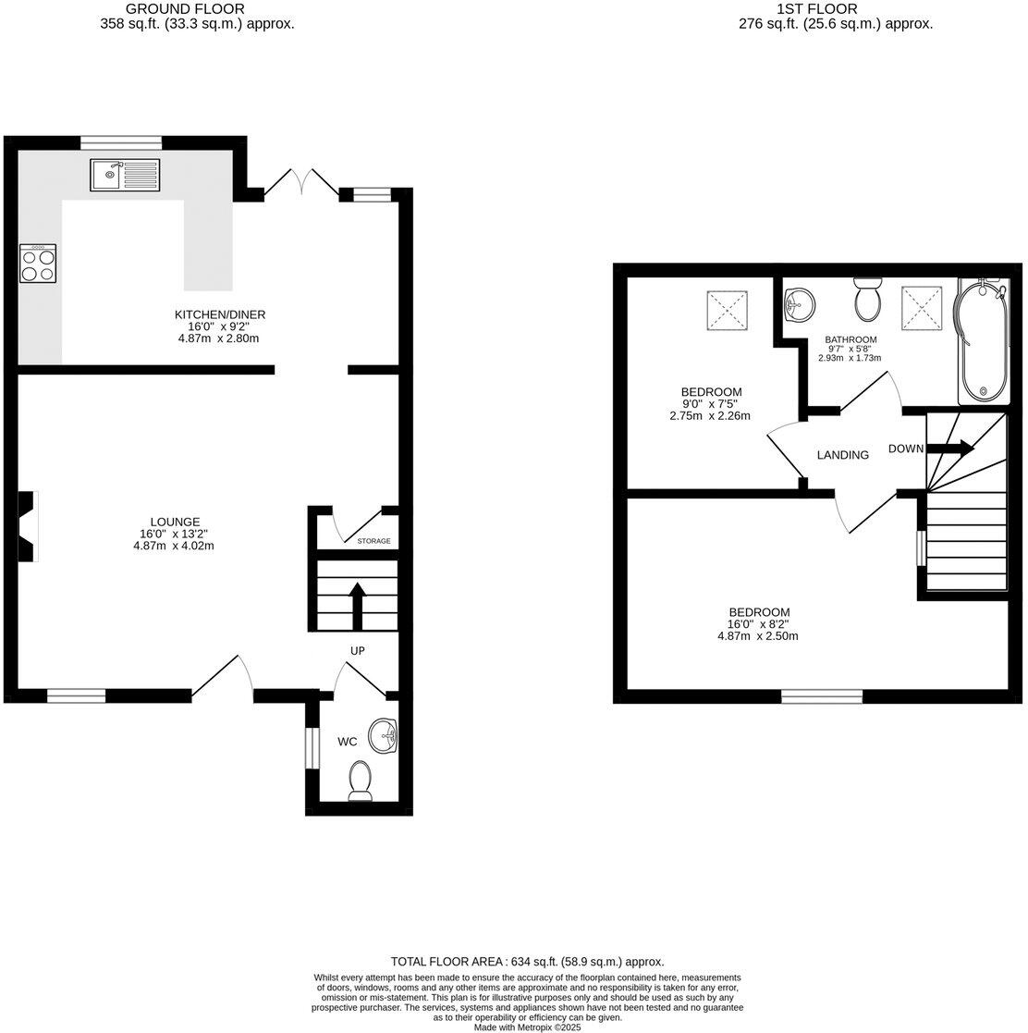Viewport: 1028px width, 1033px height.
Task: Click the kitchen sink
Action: [125, 175]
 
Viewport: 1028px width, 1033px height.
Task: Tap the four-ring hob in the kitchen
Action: [38, 266]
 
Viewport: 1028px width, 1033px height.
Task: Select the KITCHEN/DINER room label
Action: [220, 315]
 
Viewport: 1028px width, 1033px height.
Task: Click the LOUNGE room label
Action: [176, 523]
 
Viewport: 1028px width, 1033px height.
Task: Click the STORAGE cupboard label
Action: [373, 541]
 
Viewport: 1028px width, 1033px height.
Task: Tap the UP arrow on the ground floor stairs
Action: [357, 605]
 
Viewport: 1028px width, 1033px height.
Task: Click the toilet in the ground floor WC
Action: [360, 781]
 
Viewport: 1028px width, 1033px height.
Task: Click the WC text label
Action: [348, 742]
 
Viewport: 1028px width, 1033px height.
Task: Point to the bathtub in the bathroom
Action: [982, 339]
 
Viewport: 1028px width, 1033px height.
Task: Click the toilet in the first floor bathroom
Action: [868, 298]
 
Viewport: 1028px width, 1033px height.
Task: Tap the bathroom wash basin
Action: [798, 302]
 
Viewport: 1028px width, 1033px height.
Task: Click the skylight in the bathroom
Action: [921, 305]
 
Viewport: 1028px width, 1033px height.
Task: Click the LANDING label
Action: [842, 455]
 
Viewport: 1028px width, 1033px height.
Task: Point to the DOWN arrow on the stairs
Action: [950, 449]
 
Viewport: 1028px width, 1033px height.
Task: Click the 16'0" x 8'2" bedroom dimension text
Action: [758, 624]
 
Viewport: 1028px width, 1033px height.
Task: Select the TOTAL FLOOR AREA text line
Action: [527, 962]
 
